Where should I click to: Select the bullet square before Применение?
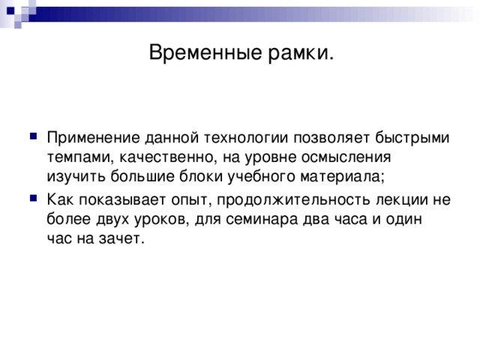point(30,136)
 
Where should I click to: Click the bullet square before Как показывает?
point(30,199)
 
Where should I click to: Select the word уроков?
point(163,220)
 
